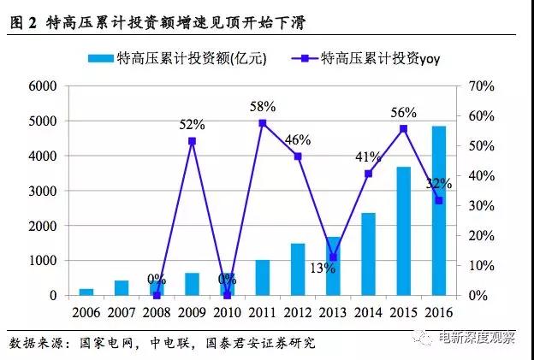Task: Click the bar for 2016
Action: click(x=438, y=210)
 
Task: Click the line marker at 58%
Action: click(x=262, y=123)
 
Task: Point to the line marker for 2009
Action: click(x=192, y=141)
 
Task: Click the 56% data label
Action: click(x=403, y=112)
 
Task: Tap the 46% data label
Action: click(x=299, y=139)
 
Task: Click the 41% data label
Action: click(x=368, y=156)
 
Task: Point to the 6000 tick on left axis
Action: click(x=42, y=86)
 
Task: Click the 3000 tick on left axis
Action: click(x=42, y=191)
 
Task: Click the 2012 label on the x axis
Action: click(x=297, y=312)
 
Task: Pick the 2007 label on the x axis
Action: click(x=122, y=312)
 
